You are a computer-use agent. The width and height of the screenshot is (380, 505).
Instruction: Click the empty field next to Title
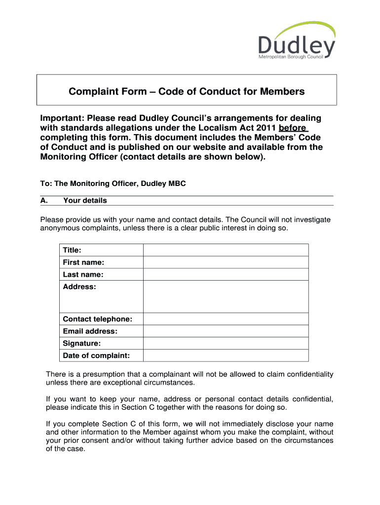click(226, 250)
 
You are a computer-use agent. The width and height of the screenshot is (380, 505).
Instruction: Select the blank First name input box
click(226, 262)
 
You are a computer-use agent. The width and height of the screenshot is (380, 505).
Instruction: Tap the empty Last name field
click(226, 275)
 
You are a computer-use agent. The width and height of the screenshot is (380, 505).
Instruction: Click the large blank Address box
click(226, 297)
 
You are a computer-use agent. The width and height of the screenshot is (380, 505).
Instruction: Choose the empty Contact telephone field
click(226, 319)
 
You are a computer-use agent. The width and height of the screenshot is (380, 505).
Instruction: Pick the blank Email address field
click(226, 331)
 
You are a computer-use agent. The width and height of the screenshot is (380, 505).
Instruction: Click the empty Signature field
click(226, 343)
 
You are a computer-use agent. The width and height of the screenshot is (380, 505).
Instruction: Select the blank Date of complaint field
click(226, 356)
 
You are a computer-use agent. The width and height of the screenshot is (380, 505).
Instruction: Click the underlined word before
click(293, 128)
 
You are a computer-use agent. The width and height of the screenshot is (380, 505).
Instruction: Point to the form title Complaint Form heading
click(187, 91)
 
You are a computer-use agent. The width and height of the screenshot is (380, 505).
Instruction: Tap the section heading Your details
click(85, 201)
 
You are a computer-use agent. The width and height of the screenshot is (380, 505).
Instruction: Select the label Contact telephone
click(97, 319)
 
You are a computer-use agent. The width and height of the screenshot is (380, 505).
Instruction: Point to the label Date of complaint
click(96, 356)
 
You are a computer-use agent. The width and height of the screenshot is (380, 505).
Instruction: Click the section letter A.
click(43, 201)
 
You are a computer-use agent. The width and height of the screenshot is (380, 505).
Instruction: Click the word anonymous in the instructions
click(59, 228)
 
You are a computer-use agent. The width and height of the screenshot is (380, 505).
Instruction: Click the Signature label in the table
click(81, 343)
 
